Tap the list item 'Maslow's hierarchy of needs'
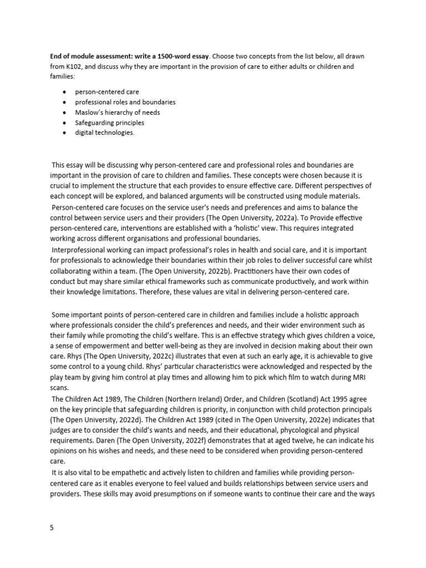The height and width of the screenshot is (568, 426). [x=118, y=113]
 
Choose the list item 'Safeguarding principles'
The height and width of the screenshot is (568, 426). [x=110, y=123]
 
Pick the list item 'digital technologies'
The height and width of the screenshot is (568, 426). [x=105, y=133]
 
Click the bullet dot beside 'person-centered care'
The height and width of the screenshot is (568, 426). [x=65, y=92]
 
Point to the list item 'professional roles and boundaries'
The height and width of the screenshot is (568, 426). [x=125, y=102]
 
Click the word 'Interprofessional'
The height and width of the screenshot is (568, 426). [x=77, y=250]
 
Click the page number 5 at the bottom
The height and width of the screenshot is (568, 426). [x=52, y=528]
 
